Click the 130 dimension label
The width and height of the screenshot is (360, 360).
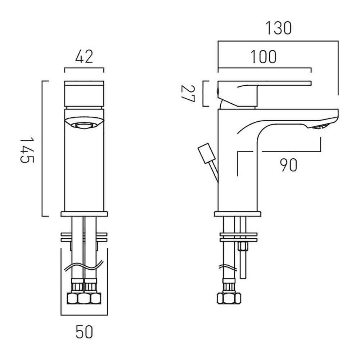click(x=279, y=28)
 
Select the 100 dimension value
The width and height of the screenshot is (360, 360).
click(x=264, y=57)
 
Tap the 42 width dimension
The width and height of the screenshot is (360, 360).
click(x=84, y=57)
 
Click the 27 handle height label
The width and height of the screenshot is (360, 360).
click(x=188, y=94)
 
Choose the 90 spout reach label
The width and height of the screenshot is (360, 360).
click(x=289, y=165)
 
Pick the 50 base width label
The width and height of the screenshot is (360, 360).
click(x=84, y=332)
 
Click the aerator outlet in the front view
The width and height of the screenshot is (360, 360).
click(x=84, y=125)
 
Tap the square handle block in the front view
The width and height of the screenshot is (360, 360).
click(x=84, y=94)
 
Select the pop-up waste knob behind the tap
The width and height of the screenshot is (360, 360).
click(x=207, y=153)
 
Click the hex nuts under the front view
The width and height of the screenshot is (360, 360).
click(x=84, y=298)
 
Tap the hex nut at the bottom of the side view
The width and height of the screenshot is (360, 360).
click(x=229, y=298)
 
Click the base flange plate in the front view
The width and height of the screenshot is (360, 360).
click(x=84, y=214)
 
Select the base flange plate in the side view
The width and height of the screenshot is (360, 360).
click(x=238, y=214)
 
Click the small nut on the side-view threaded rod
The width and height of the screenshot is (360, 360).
click(x=242, y=247)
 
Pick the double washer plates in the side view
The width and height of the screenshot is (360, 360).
click(x=239, y=237)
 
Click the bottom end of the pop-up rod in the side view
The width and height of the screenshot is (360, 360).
click(x=243, y=279)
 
